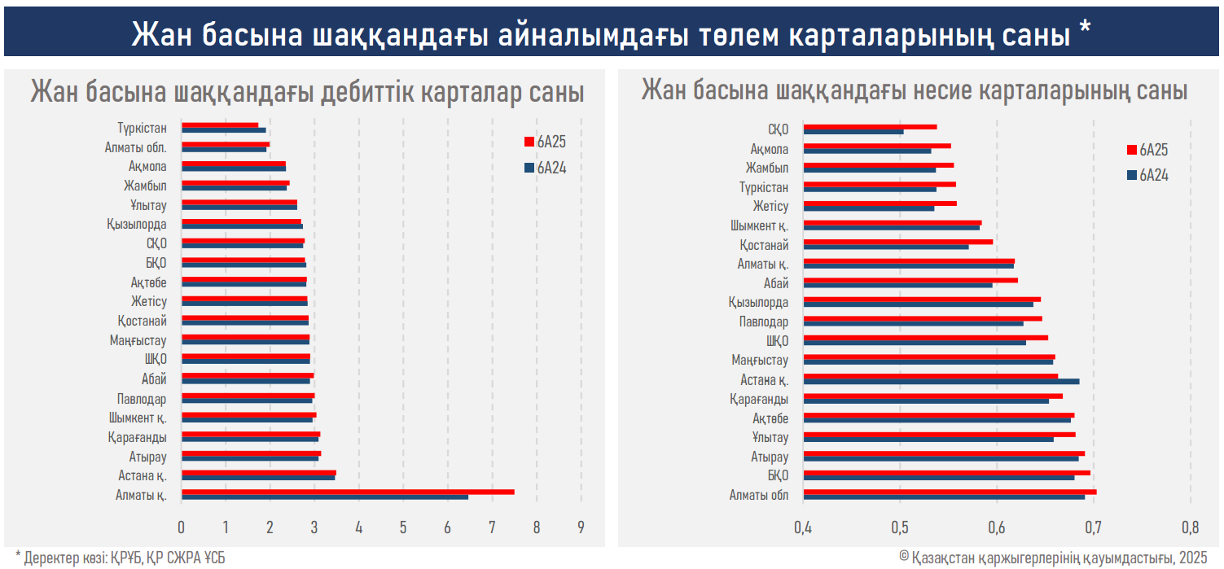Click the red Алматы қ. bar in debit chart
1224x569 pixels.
pyautogui.click(x=348, y=492)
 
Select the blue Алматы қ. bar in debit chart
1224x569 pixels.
pyautogui.click(x=324, y=497)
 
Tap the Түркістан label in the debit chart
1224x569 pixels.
pyautogui.click(x=142, y=128)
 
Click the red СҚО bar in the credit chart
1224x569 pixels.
pyautogui.click(x=870, y=126)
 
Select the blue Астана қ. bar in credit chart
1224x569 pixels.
pyautogui.click(x=941, y=381)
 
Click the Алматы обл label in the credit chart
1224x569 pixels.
pyautogui.click(x=758, y=495)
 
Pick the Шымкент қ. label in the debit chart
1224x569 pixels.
pyautogui.click(x=138, y=418)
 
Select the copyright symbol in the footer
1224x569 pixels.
pyautogui.click(x=905, y=557)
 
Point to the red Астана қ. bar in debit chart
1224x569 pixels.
pyautogui.click(x=258, y=472)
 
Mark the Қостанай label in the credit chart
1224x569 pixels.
pyautogui.click(x=764, y=244)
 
